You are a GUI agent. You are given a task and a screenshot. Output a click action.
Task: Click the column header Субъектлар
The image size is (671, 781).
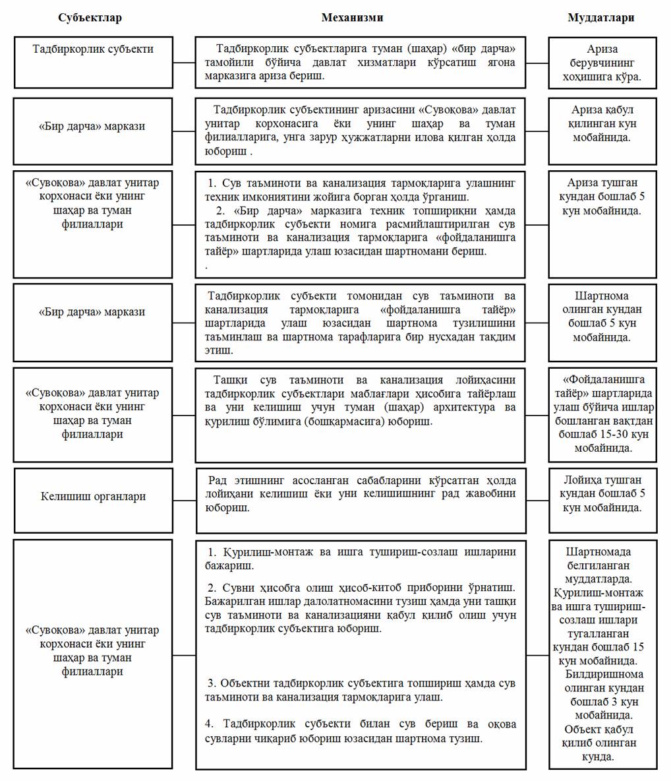coord(90,18)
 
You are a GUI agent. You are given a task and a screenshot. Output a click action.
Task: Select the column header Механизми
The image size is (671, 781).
coord(352,18)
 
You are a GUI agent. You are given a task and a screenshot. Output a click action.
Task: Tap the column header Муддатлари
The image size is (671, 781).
coord(600,18)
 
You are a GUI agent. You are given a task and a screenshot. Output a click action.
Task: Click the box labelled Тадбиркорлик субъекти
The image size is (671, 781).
coord(93,62)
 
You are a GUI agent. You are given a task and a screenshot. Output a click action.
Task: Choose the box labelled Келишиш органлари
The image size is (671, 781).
coord(93,500)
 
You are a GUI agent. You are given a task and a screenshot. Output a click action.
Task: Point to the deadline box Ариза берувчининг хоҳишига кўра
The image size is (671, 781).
coord(602,63)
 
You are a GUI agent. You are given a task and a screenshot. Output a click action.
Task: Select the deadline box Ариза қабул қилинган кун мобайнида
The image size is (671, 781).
coord(602,131)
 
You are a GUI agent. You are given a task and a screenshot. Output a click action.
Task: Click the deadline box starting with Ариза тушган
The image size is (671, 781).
coord(602,224)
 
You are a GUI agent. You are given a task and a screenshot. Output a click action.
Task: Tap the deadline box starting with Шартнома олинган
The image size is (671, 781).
coord(602,317)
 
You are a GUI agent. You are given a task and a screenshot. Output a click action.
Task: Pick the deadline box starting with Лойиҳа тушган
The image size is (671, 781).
coord(602,500)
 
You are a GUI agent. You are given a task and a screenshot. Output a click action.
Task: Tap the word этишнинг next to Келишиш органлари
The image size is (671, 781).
coord(258,480)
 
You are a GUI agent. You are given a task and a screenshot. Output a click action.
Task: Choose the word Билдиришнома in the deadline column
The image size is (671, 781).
coord(604,674)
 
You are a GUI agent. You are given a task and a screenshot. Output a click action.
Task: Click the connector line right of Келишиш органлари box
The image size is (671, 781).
coord(185,500)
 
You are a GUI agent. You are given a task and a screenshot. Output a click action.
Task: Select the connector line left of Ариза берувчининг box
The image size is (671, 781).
coord(537,63)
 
